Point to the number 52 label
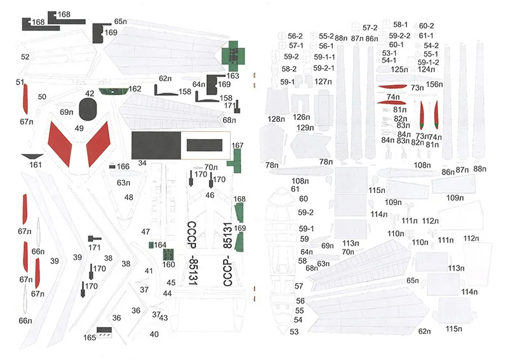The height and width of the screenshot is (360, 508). point(25,57)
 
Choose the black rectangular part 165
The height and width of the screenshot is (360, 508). point(102,332)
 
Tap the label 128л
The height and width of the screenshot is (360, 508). point(276,119)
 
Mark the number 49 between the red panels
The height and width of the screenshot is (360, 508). point(79,128)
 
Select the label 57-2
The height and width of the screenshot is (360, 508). point(370,28)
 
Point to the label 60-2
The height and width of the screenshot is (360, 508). point(426,26)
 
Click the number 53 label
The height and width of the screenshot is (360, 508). point(294,331)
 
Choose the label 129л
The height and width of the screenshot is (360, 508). point(305,127)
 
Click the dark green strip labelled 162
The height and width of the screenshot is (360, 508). point(113,90)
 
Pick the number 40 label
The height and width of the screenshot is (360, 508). point(154,334)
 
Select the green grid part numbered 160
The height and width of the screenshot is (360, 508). point(168,255)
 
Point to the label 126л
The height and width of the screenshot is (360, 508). point(301,117)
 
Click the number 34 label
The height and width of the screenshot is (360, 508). point(142,163)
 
